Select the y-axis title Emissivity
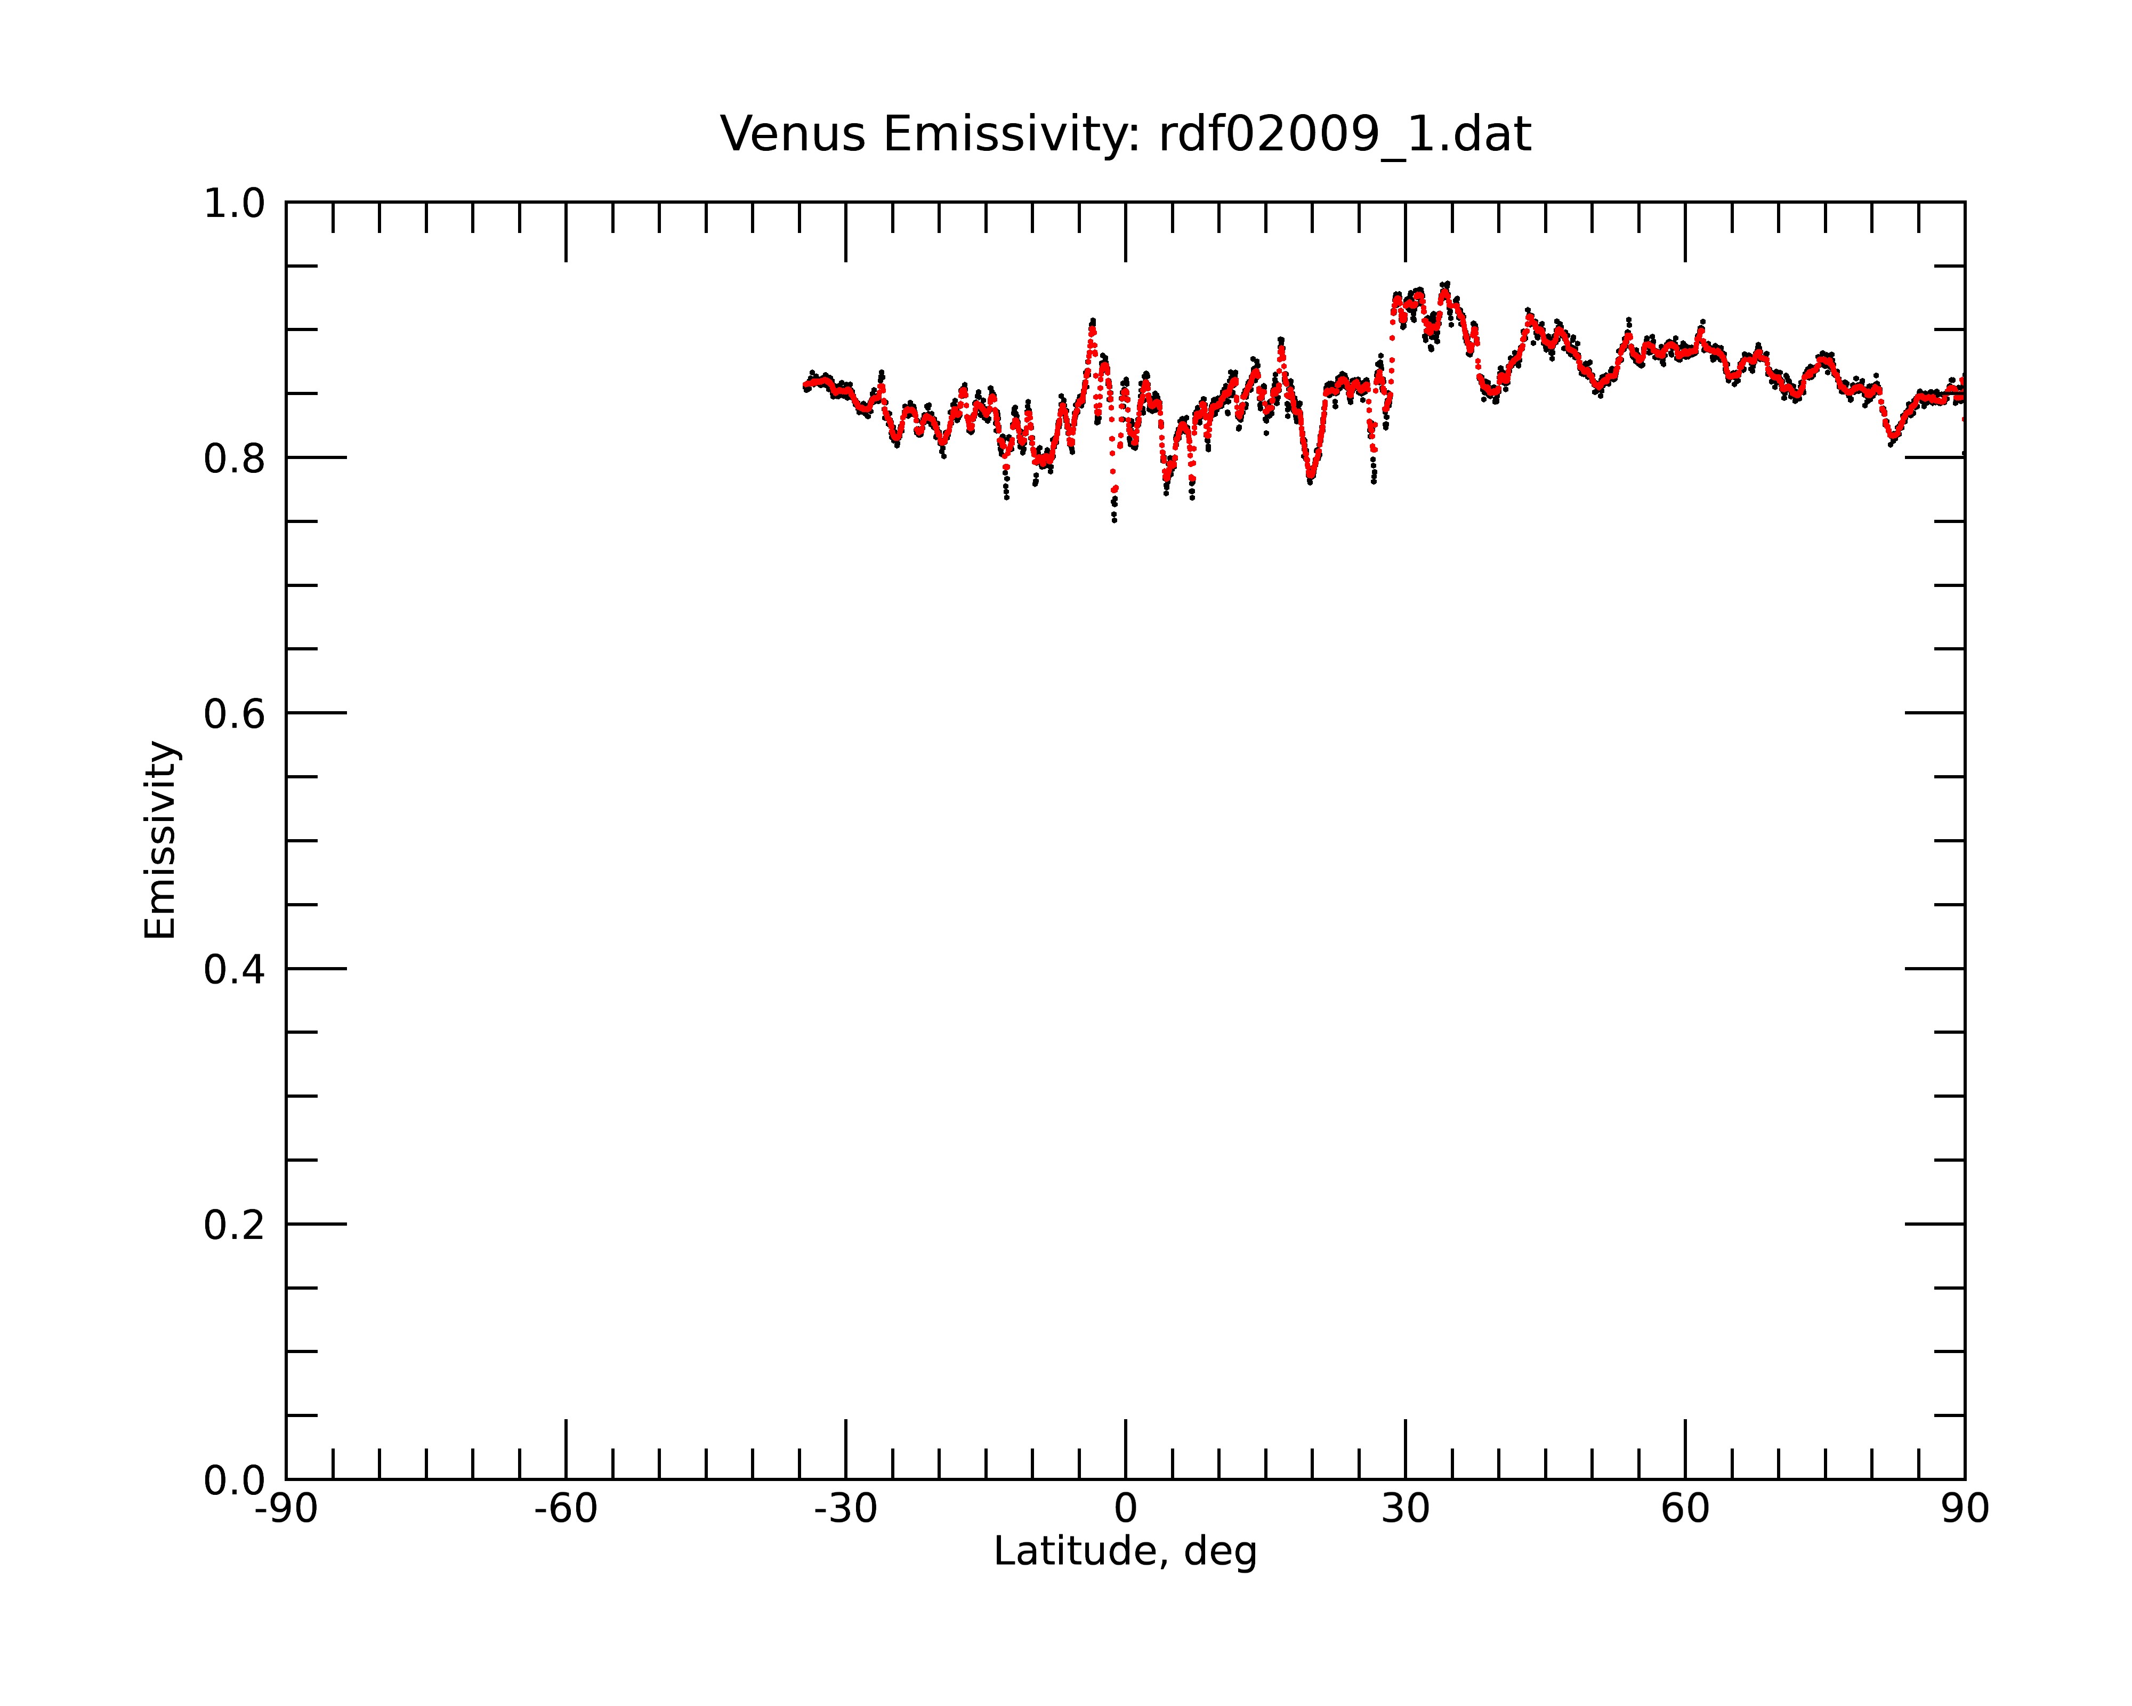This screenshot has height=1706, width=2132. click(x=160, y=840)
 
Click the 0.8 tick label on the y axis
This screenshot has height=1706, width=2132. click(x=235, y=458)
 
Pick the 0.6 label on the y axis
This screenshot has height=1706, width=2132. click(x=235, y=713)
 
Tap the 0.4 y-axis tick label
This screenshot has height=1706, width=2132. click(x=235, y=969)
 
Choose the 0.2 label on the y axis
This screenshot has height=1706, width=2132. click(x=235, y=1225)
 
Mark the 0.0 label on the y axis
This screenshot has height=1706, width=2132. click(x=235, y=1480)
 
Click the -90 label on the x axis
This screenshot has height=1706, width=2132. click(x=286, y=1509)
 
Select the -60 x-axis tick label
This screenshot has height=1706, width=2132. click(x=566, y=1509)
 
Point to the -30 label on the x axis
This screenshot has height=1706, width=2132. click(x=845, y=1509)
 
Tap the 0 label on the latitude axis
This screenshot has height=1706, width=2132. click(x=1125, y=1509)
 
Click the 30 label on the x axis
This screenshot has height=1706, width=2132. click(x=1405, y=1509)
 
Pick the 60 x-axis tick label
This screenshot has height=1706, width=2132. click(x=1685, y=1509)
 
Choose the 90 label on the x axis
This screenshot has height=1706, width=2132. click(x=1965, y=1509)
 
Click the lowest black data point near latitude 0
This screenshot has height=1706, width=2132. click(x=1115, y=520)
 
